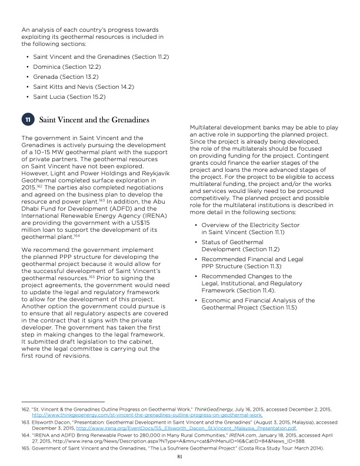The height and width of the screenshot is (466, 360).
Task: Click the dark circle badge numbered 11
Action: coord(27,121)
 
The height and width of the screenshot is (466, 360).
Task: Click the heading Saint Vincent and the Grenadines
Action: coord(94,121)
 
